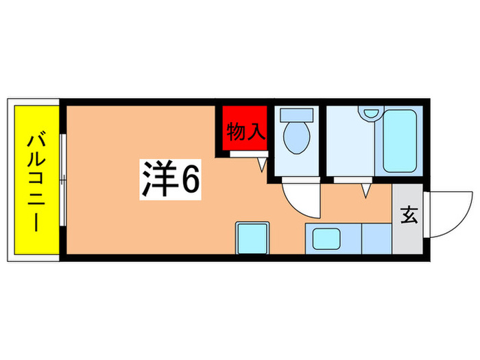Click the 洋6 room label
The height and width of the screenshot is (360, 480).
(171, 180)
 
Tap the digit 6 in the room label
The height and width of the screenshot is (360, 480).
(190, 180)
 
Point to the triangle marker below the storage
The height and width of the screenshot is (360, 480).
(261, 165)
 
